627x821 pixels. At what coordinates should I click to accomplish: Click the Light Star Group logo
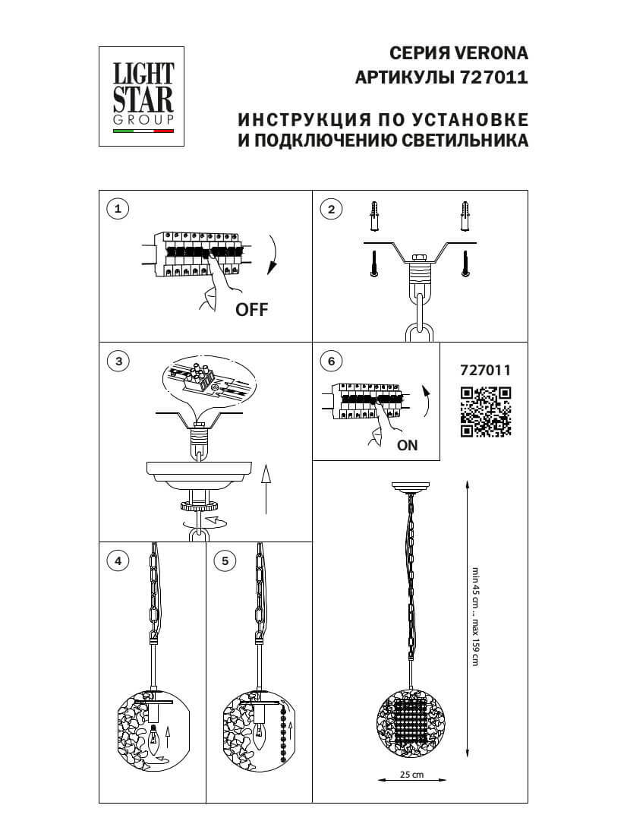(x=143, y=95)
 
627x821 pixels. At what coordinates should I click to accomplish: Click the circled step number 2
(x=331, y=209)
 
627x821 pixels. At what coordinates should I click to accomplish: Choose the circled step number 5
(x=225, y=561)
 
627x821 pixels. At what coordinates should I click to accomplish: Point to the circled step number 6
(x=331, y=362)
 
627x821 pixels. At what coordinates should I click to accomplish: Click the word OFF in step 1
(x=252, y=309)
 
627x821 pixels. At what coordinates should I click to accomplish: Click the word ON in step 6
(x=408, y=446)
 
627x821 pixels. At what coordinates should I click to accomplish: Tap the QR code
(x=486, y=412)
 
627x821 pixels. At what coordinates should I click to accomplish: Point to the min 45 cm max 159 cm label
(x=476, y=616)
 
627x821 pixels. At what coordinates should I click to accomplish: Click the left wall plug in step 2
(x=374, y=217)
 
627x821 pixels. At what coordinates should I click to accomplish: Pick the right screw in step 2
(x=465, y=264)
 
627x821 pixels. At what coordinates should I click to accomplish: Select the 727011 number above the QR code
(x=486, y=371)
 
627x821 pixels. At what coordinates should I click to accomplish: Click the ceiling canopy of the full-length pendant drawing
(x=411, y=487)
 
